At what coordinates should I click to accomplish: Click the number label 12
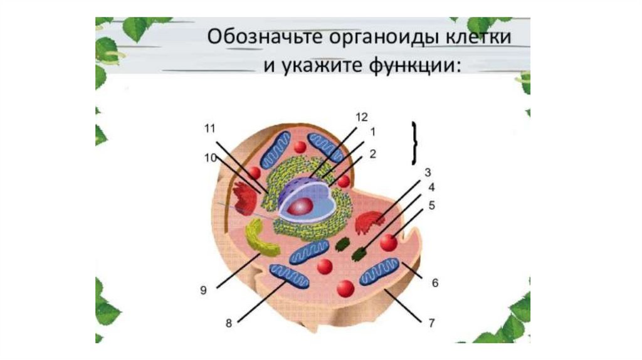click(360, 117)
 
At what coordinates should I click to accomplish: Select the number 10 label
click(209, 157)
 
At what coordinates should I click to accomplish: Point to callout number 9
click(203, 290)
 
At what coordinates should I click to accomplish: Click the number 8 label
click(229, 324)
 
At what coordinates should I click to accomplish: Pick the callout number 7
click(431, 324)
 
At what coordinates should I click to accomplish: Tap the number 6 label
click(434, 283)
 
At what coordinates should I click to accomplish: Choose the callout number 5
click(432, 204)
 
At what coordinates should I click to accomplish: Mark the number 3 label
click(427, 172)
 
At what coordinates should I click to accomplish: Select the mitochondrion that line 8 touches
click(289, 276)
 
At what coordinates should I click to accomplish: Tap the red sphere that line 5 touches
click(389, 242)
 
